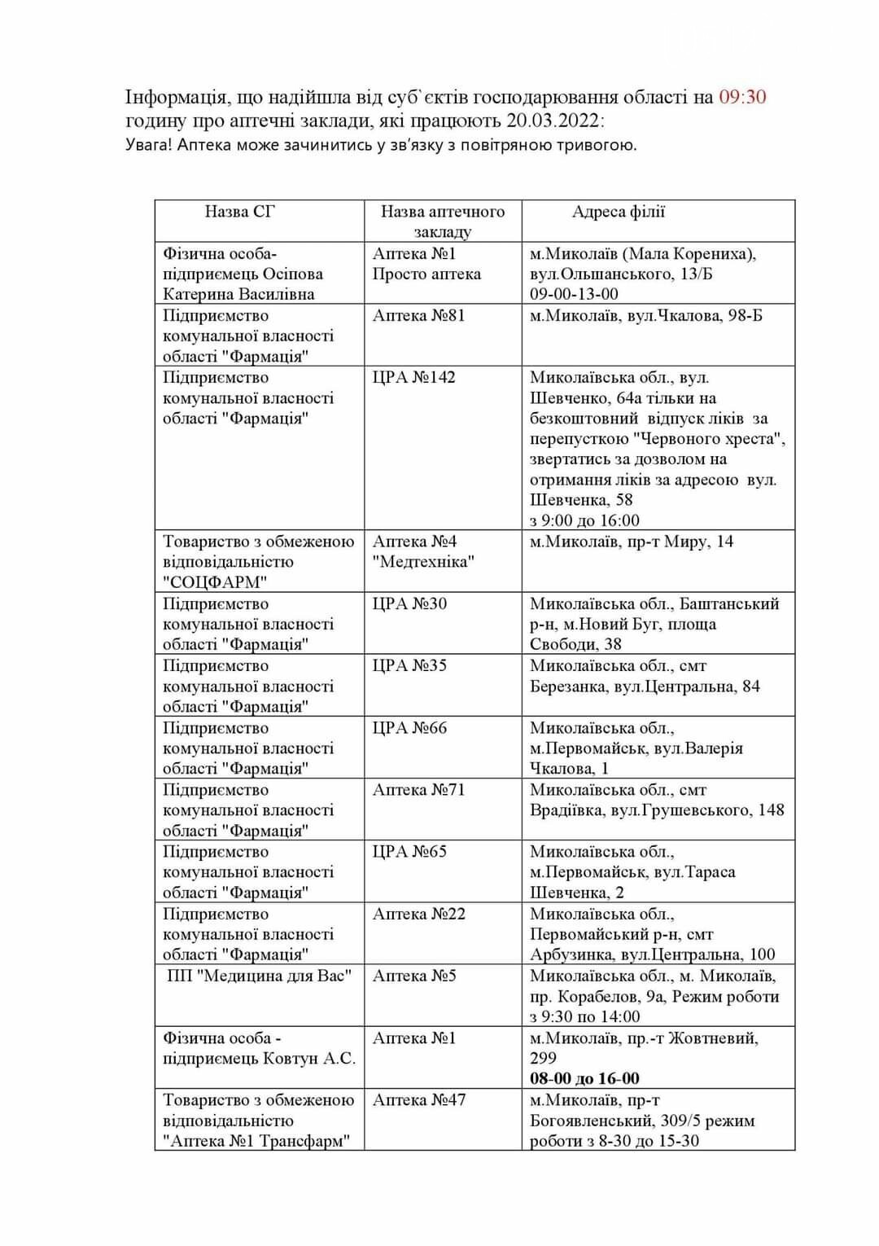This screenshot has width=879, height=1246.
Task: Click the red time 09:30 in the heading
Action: point(741,97)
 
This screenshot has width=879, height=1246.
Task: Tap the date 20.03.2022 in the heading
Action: point(552,121)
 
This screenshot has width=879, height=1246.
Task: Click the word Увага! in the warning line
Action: point(149,146)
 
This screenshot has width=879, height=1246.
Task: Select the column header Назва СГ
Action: point(240,212)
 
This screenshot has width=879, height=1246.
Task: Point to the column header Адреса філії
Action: point(619,212)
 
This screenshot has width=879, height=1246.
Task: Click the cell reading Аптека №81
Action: point(418,315)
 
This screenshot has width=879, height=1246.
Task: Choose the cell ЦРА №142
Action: point(414,377)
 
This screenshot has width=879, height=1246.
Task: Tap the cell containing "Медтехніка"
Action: point(423,561)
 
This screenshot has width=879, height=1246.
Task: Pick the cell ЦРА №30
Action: point(409,603)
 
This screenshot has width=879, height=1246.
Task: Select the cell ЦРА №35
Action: point(409,665)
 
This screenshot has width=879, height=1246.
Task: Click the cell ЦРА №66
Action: point(409,728)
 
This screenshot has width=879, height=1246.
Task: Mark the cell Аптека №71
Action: point(418,790)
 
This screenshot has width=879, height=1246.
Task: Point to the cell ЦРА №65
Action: point(409,852)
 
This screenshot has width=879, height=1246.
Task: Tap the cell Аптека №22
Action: point(418,914)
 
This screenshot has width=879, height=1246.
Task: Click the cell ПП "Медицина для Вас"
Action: point(259,976)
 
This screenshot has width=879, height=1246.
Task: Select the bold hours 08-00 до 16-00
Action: point(584,1078)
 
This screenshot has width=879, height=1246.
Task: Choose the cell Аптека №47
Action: point(418,1100)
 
